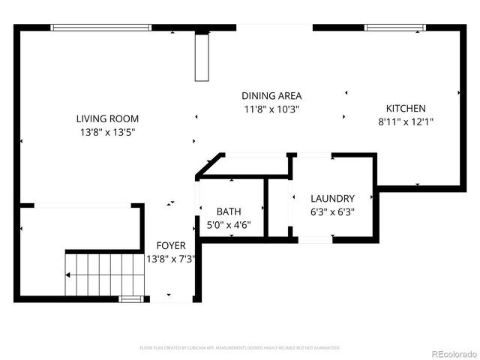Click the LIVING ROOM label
(x=107, y=118)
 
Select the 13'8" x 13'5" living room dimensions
(x=107, y=132)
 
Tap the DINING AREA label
(x=271, y=95)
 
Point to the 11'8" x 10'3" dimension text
(x=271, y=109)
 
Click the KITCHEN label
(x=406, y=108)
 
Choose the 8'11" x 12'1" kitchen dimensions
(x=406, y=121)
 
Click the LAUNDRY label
(x=332, y=198)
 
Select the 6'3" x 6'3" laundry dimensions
(x=332, y=211)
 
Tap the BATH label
(x=229, y=211)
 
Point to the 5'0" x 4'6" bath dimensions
(x=229, y=224)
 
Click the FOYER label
(x=171, y=245)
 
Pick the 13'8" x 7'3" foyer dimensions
(x=171, y=259)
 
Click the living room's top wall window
(x=102, y=28)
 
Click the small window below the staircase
(x=130, y=299)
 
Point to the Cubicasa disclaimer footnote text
(x=240, y=348)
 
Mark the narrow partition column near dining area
(x=202, y=57)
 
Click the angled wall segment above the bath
(x=209, y=166)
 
